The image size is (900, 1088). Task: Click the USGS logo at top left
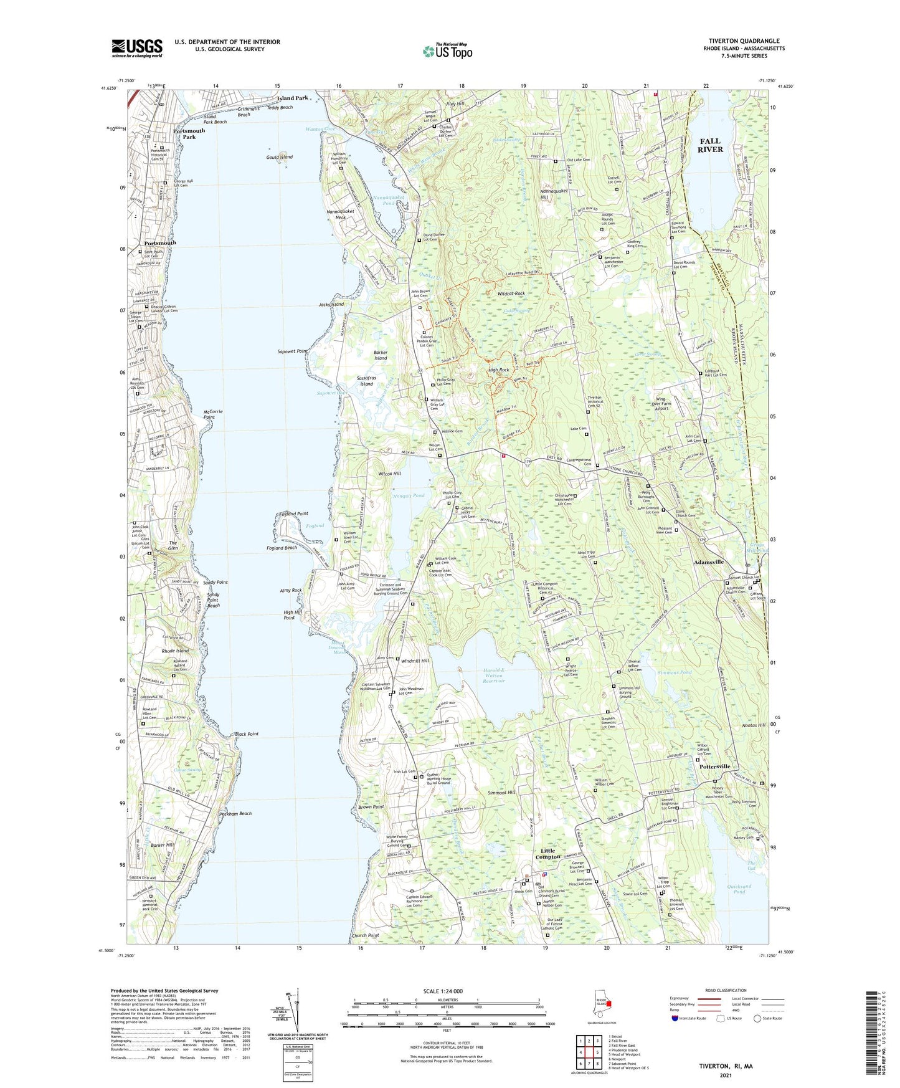pyautogui.click(x=136, y=48)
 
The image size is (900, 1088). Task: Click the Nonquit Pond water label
pyautogui.click(x=409, y=495)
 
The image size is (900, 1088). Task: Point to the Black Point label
pyautogui.click(x=247, y=734)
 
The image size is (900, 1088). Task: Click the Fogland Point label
pyautogui.click(x=293, y=513)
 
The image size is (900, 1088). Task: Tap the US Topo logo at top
pyautogui.click(x=447, y=51)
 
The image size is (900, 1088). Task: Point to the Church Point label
pyautogui.click(x=365, y=935)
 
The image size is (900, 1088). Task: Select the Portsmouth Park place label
pyautogui.click(x=189, y=134)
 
